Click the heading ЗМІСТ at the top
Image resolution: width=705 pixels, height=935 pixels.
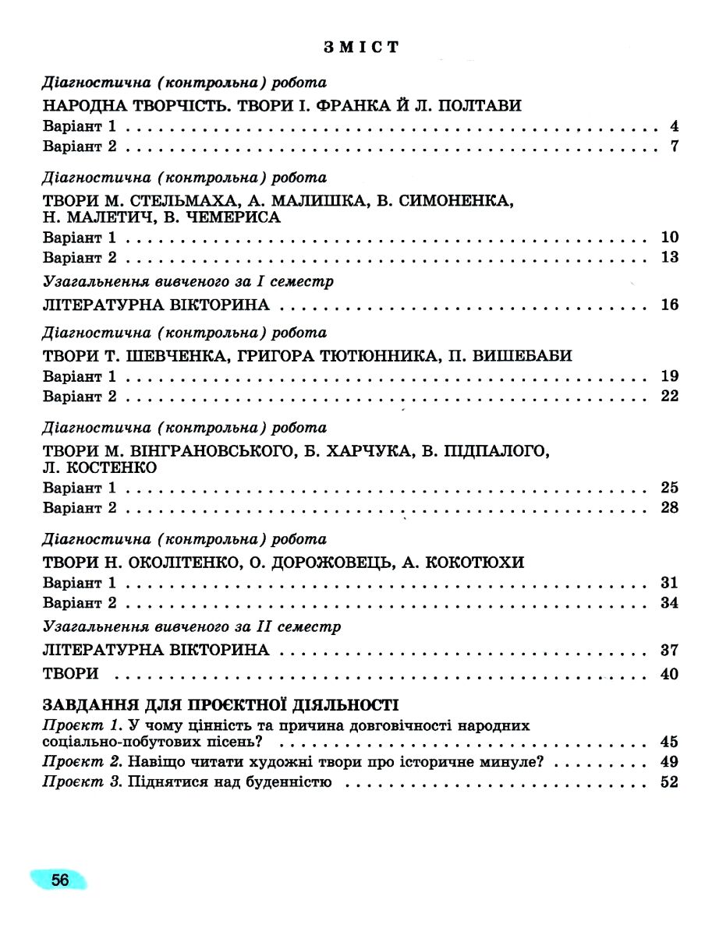coord(360,48)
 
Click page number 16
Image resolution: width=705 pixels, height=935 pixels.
coord(669,305)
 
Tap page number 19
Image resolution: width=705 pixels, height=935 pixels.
coord(669,377)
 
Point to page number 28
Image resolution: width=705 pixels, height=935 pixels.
coord(669,509)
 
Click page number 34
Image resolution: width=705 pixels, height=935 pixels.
coord(669,603)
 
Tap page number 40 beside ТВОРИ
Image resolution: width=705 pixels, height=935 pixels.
coord(669,674)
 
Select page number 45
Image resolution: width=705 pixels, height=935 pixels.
coord(669,742)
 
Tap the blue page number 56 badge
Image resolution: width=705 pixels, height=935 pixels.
coord(60,881)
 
